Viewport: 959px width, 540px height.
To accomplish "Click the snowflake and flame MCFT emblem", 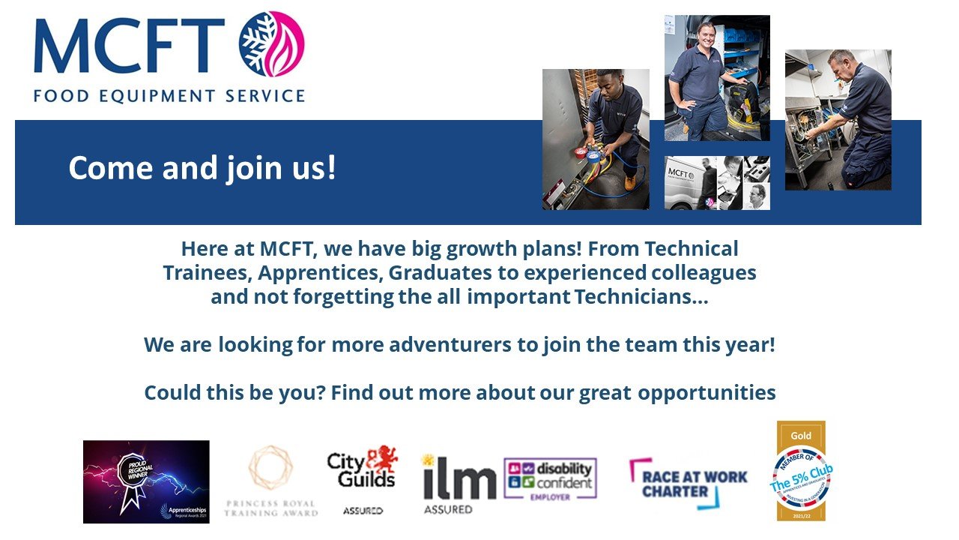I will point(271,44).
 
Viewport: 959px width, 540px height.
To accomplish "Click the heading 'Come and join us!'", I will point(202,169).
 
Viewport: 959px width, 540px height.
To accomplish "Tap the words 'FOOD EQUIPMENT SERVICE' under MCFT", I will point(169,96).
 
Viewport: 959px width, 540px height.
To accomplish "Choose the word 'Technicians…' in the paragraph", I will point(641,296).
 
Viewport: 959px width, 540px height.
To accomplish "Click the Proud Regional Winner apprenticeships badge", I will point(146,481).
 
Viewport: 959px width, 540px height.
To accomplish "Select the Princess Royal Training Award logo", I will point(270,481).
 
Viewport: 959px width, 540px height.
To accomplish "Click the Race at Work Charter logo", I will point(688,484).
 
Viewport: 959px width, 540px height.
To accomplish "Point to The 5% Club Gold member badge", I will point(801,471).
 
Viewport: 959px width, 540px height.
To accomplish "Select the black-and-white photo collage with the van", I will point(716,182).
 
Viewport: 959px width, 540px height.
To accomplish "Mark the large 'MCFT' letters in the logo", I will point(129,46).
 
